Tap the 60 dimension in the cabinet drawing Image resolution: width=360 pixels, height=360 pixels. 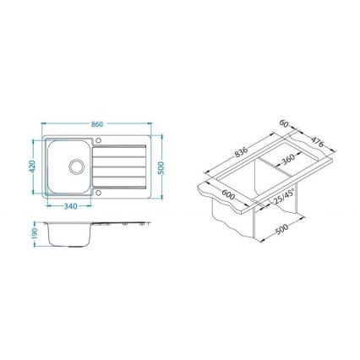tap(286, 124)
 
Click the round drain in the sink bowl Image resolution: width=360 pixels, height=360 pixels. tap(74, 166)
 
